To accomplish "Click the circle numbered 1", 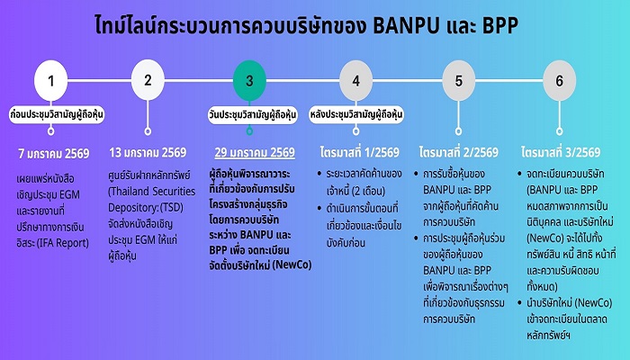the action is click(50, 80).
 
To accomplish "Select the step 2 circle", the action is click(148, 80).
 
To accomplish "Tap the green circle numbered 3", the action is click(249, 80).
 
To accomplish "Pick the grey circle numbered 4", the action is click(356, 80).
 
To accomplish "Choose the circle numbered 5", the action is click(458, 80).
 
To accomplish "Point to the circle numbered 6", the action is click(559, 80).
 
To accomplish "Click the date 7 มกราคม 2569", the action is click(54, 154).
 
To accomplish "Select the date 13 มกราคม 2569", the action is click(148, 153).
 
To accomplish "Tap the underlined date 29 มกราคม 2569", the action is click(255, 153).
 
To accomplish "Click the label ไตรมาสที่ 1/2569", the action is click(360, 152).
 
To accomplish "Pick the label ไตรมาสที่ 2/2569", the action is click(458, 152).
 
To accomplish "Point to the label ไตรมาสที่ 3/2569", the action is click(561, 152).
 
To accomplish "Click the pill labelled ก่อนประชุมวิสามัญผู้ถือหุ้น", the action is click(57, 115).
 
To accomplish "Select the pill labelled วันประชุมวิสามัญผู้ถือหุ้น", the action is click(253, 115).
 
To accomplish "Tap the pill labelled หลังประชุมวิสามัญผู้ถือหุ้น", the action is click(356, 115).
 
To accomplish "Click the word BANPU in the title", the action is click(407, 26).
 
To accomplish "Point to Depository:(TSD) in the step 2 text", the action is click(146, 207).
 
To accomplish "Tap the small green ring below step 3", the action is click(249, 131).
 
